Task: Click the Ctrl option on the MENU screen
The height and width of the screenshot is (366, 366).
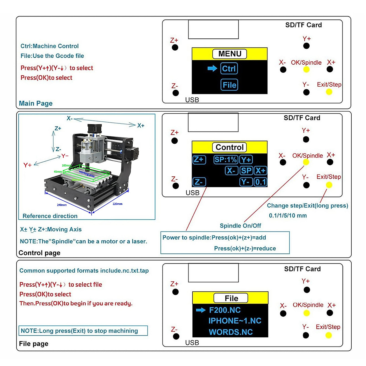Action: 229,69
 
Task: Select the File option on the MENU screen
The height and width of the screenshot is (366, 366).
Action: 229,85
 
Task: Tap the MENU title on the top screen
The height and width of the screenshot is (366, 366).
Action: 230,54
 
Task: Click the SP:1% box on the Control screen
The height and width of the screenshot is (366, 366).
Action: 226,160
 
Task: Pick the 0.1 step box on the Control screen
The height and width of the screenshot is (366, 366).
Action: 260,182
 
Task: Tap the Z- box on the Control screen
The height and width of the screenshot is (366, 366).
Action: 199,182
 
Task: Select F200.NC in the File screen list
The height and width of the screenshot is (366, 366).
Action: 225,310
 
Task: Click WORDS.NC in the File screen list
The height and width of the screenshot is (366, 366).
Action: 231,332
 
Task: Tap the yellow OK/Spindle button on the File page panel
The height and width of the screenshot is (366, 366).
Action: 307,313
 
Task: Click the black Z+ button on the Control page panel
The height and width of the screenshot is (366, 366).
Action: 174,141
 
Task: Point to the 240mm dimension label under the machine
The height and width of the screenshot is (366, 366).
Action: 62,205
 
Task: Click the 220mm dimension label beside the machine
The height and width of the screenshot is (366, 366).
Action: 117,204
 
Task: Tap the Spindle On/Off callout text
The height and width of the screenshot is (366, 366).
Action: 240,226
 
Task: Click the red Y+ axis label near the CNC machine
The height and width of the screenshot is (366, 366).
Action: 27,165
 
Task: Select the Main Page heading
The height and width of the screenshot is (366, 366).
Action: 36,103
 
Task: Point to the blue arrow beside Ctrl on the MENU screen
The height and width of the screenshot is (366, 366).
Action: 212,68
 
